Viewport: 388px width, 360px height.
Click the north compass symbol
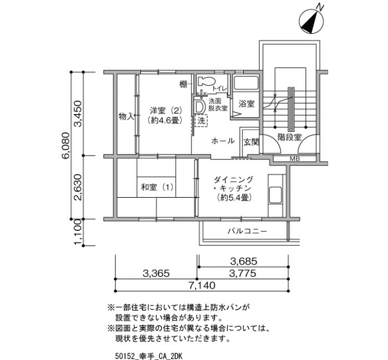point(312,20)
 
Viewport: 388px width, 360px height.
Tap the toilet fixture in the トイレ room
point(206,81)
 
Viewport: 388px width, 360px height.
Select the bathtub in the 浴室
point(246,83)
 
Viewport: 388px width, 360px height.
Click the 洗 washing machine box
point(201,121)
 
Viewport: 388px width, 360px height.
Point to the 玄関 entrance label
point(251,142)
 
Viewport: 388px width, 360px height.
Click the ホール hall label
point(223,141)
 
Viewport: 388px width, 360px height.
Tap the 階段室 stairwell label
point(289,137)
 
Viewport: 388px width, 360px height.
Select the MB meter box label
point(295,159)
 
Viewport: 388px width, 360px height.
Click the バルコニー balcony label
point(247,232)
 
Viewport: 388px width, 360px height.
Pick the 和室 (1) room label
point(157,187)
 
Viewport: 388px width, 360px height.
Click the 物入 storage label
point(126,116)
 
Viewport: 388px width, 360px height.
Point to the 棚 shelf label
point(183,85)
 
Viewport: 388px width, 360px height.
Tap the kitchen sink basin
point(275,195)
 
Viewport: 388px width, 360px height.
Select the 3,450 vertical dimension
point(78,114)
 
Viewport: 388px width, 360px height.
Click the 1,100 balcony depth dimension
point(78,232)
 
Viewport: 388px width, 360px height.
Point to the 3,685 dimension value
point(243,261)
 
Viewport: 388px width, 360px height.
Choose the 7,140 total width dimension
point(202,286)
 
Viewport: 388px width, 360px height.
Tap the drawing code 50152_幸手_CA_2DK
point(149,356)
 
